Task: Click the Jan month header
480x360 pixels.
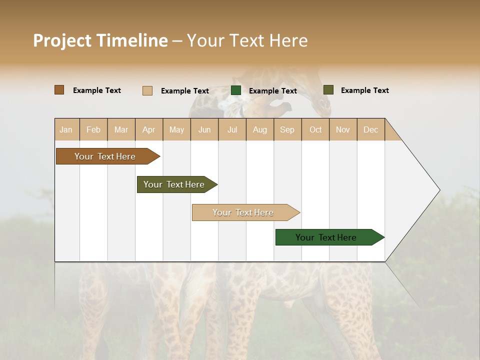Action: click(x=66, y=129)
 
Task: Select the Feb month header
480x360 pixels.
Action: click(x=93, y=129)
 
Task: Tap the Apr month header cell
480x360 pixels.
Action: click(x=148, y=129)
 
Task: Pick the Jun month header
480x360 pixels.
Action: click(x=204, y=129)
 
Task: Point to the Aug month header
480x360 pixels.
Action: click(x=259, y=129)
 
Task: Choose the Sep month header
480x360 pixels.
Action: click(x=287, y=129)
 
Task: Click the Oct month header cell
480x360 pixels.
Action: click(x=315, y=129)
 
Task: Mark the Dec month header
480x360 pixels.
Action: click(x=370, y=129)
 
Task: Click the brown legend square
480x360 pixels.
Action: click(x=59, y=90)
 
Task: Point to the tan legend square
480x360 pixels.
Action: click(x=147, y=90)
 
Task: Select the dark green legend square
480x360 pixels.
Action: click(x=236, y=90)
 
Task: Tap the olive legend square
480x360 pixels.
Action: click(x=328, y=90)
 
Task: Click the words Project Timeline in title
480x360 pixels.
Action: click(x=100, y=40)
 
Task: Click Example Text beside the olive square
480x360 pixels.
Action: click(x=364, y=90)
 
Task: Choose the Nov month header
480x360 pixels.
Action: click(x=342, y=129)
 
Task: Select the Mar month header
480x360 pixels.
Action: click(x=121, y=129)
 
